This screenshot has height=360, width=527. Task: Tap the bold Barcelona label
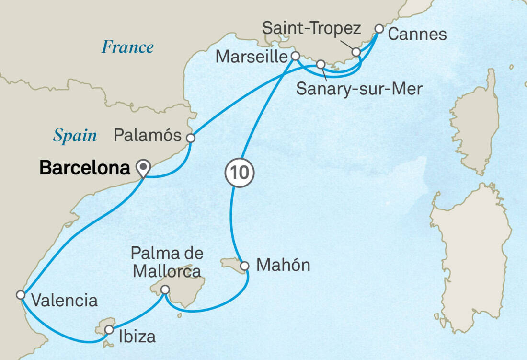(x=85, y=168)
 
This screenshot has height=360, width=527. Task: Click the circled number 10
(x=240, y=172)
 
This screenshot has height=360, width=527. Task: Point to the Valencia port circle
(x=21, y=295)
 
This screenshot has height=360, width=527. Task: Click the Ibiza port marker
(x=109, y=330)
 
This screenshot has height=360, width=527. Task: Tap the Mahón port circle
(x=244, y=266)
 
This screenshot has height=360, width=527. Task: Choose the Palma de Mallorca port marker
(x=165, y=290)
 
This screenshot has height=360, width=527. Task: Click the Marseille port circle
(x=296, y=56)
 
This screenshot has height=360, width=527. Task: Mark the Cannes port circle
(x=378, y=29)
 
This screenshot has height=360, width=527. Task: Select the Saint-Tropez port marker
(x=355, y=52)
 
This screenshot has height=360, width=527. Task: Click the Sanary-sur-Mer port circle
(x=321, y=64)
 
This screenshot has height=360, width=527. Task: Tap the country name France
(x=127, y=47)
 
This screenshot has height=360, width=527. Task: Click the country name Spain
(x=75, y=136)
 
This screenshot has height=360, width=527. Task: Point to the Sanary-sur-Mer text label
(x=359, y=88)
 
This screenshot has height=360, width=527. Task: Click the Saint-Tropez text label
(x=311, y=29)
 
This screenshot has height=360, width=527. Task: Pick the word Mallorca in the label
(x=167, y=271)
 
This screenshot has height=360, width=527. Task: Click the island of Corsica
(x=474, y=115)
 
